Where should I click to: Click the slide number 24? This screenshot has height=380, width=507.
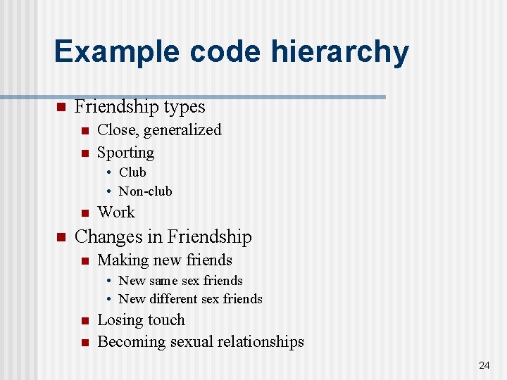pyautogui.click(x=484, y=365)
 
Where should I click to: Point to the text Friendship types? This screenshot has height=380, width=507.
pyautogui.click(x=139, y=107)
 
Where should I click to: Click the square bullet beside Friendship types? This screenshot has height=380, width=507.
pyautogui.click(x=61, y=107)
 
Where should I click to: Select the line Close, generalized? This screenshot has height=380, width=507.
pyautogui.click(x=159, y=130)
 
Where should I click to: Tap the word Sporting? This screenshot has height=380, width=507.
pyautogui.click(x=125, y=153)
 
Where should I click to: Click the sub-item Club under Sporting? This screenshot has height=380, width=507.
pyautogui.click(x=132, y=172)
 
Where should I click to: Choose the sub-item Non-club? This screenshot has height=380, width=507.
pyautogui.click(x=145, y=191)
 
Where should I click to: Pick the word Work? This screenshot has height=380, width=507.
pyautogui.click(x=116, y=213)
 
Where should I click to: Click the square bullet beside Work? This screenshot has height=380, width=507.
pyautogui.click(x=84, y=213)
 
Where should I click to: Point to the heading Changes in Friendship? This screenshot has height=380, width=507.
pyautogui.click(x=163, y=237)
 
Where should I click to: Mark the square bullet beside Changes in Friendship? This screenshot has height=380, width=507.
pyautogui.click(x=61, y=237)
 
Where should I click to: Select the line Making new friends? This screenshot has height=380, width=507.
pyautogui.click(x=165, y=260)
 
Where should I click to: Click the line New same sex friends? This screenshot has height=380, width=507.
pyautogui.click(x=181, y=281)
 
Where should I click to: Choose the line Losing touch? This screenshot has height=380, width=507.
pyautogui.click(x=141, y=320)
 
